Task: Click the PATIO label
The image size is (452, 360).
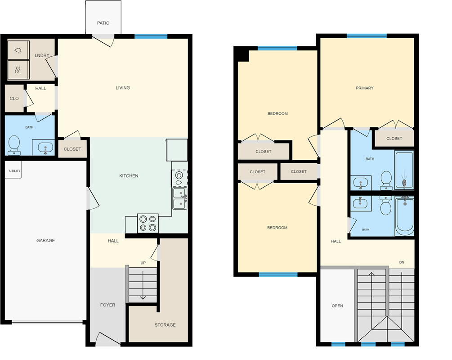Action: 103,23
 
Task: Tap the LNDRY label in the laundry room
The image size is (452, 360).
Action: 42,55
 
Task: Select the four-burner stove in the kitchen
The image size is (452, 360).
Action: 148,223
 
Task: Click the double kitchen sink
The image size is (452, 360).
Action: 180,198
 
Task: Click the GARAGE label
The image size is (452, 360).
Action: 45,241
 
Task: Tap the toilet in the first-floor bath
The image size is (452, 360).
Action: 14,145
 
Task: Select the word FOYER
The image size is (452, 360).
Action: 107,305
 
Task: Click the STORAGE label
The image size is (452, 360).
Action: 165,325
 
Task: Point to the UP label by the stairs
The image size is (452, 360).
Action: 143,263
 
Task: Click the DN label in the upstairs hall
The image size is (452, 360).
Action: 402,262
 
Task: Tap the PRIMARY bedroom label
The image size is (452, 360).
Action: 365,88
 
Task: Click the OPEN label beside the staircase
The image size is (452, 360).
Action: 337,306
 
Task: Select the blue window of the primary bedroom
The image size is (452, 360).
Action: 367,36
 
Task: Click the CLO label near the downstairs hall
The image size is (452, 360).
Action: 14,99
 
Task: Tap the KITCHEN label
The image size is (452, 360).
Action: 129,175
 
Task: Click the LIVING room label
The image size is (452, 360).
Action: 123,88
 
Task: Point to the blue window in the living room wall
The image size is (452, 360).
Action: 151,36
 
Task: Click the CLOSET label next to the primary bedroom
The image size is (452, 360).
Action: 394,139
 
